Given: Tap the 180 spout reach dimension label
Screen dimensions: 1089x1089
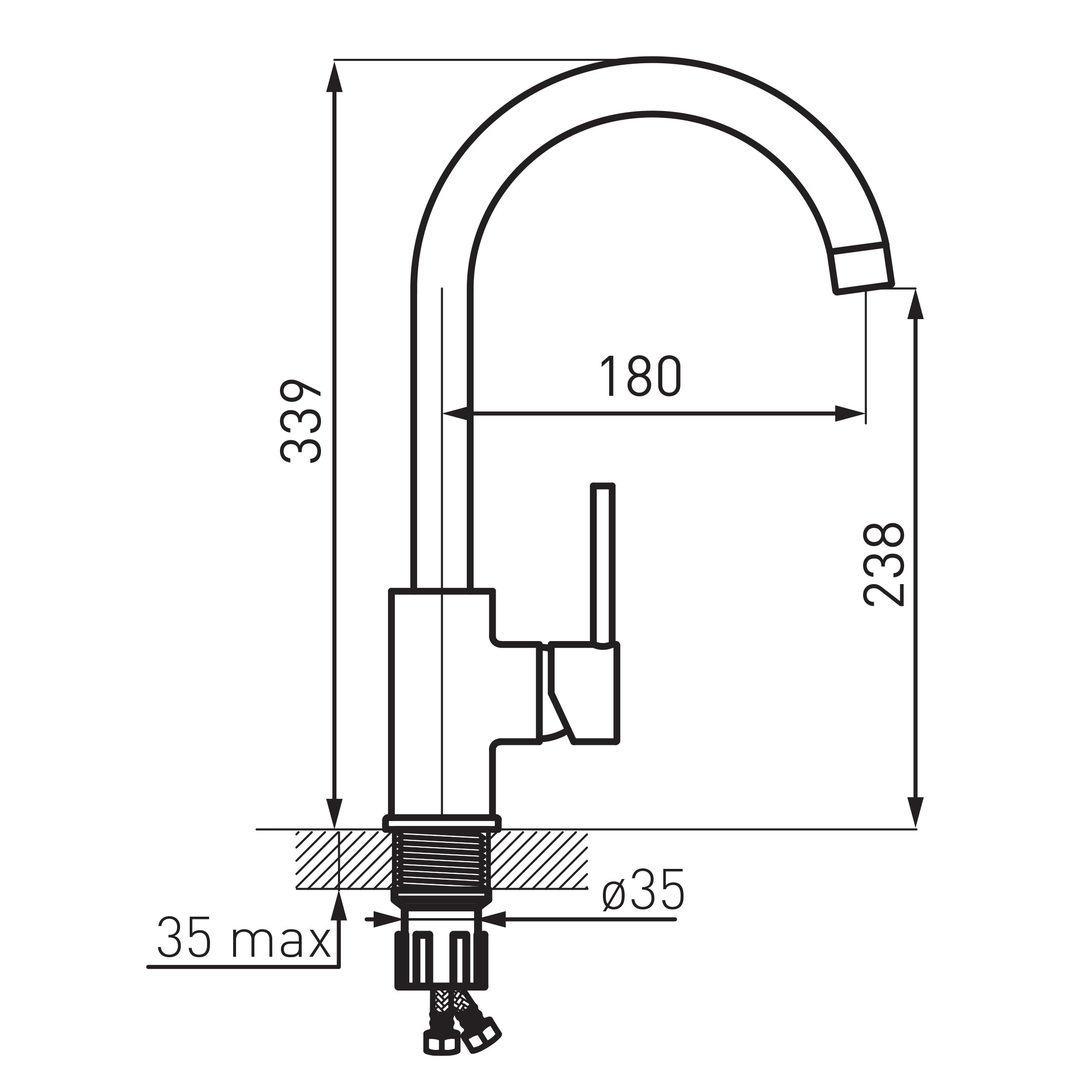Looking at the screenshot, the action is (x=641, y=377).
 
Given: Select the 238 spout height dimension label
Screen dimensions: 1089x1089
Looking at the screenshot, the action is (x=884, y=565).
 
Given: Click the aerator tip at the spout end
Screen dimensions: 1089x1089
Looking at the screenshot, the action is (x=863, y=269).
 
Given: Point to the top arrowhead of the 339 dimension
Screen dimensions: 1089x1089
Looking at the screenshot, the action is (x=335, y=77).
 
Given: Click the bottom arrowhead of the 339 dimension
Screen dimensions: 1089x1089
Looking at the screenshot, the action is (x=335, y=813).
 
